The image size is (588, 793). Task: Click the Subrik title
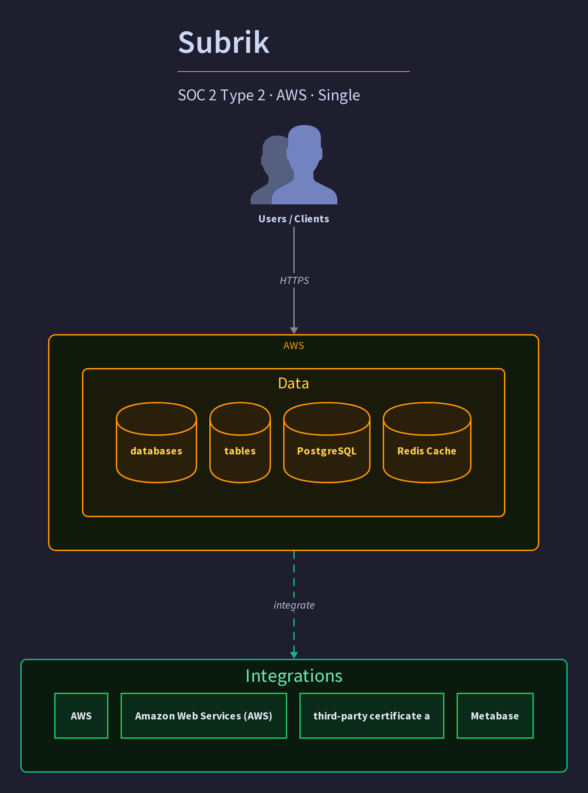(x=224, y=42)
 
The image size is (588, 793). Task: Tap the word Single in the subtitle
(x=339, y=96)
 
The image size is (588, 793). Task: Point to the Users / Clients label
(x=294, y=219)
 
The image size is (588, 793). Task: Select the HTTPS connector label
(x=294, y=281)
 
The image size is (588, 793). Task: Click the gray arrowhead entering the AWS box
(x=294, y=330)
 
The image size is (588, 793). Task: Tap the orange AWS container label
(x=294, y=345)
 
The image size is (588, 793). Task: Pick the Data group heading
(x=293, y=383)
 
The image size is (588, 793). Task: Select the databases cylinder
(x=156, y=443)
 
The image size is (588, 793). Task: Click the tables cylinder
(x=240, y=443)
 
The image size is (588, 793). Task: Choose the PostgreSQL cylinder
(x=327, y=443)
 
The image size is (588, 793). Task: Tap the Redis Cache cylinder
(x=427, y=443)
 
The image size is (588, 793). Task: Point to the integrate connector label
(x=294, y=605)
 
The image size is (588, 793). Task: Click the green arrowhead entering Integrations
(x=294, y=655)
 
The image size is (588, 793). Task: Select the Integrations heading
(x=294, y=676)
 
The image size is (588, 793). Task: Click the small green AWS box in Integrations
(x=81, y=716)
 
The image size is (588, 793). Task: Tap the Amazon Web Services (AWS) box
(x=204, y=716)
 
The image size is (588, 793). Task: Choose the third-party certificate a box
(x=372, y=716)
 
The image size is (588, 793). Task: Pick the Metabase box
(x=495, y=716)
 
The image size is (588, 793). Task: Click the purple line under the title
(x=294, y=72)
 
